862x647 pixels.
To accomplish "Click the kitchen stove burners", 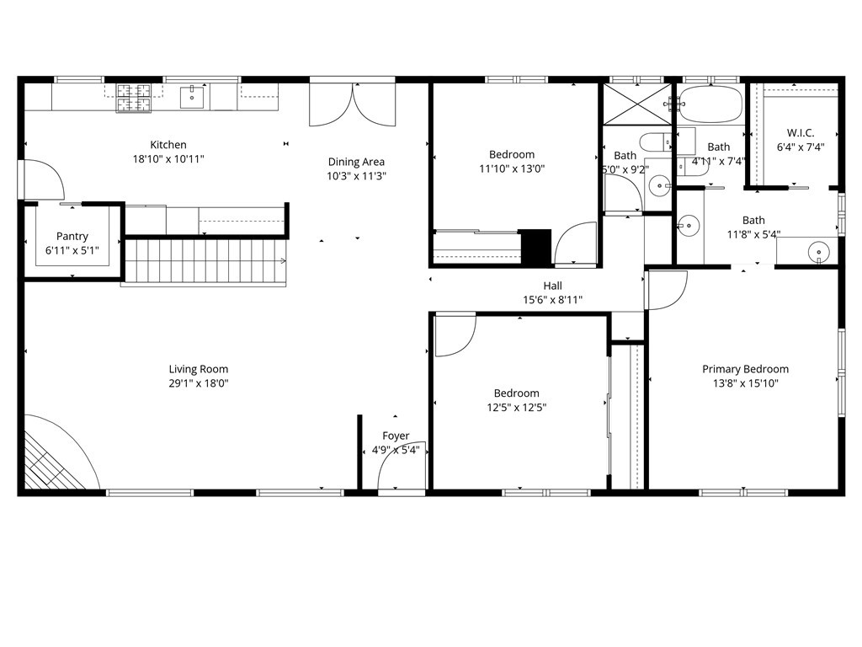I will (x=133, y=98).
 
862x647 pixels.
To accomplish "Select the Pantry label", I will (x=72, y=237).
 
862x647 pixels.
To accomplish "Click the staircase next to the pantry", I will (x=206, y=262).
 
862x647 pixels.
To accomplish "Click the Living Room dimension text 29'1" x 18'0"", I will (x=198, y=383).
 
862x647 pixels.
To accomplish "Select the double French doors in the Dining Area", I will (x=353, y=104).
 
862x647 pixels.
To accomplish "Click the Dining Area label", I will (x=356, y=162).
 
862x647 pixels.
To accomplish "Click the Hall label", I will (x=552, y=286).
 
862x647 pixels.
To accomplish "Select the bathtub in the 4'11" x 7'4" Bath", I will (x=711, y=104).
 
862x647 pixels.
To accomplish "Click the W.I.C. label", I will (x=800, y=132).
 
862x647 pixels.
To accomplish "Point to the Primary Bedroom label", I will (x=745, y=369).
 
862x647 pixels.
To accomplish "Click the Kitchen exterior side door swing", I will (x=42, y=179).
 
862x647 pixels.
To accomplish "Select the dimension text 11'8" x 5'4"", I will (x=753, y=235).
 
